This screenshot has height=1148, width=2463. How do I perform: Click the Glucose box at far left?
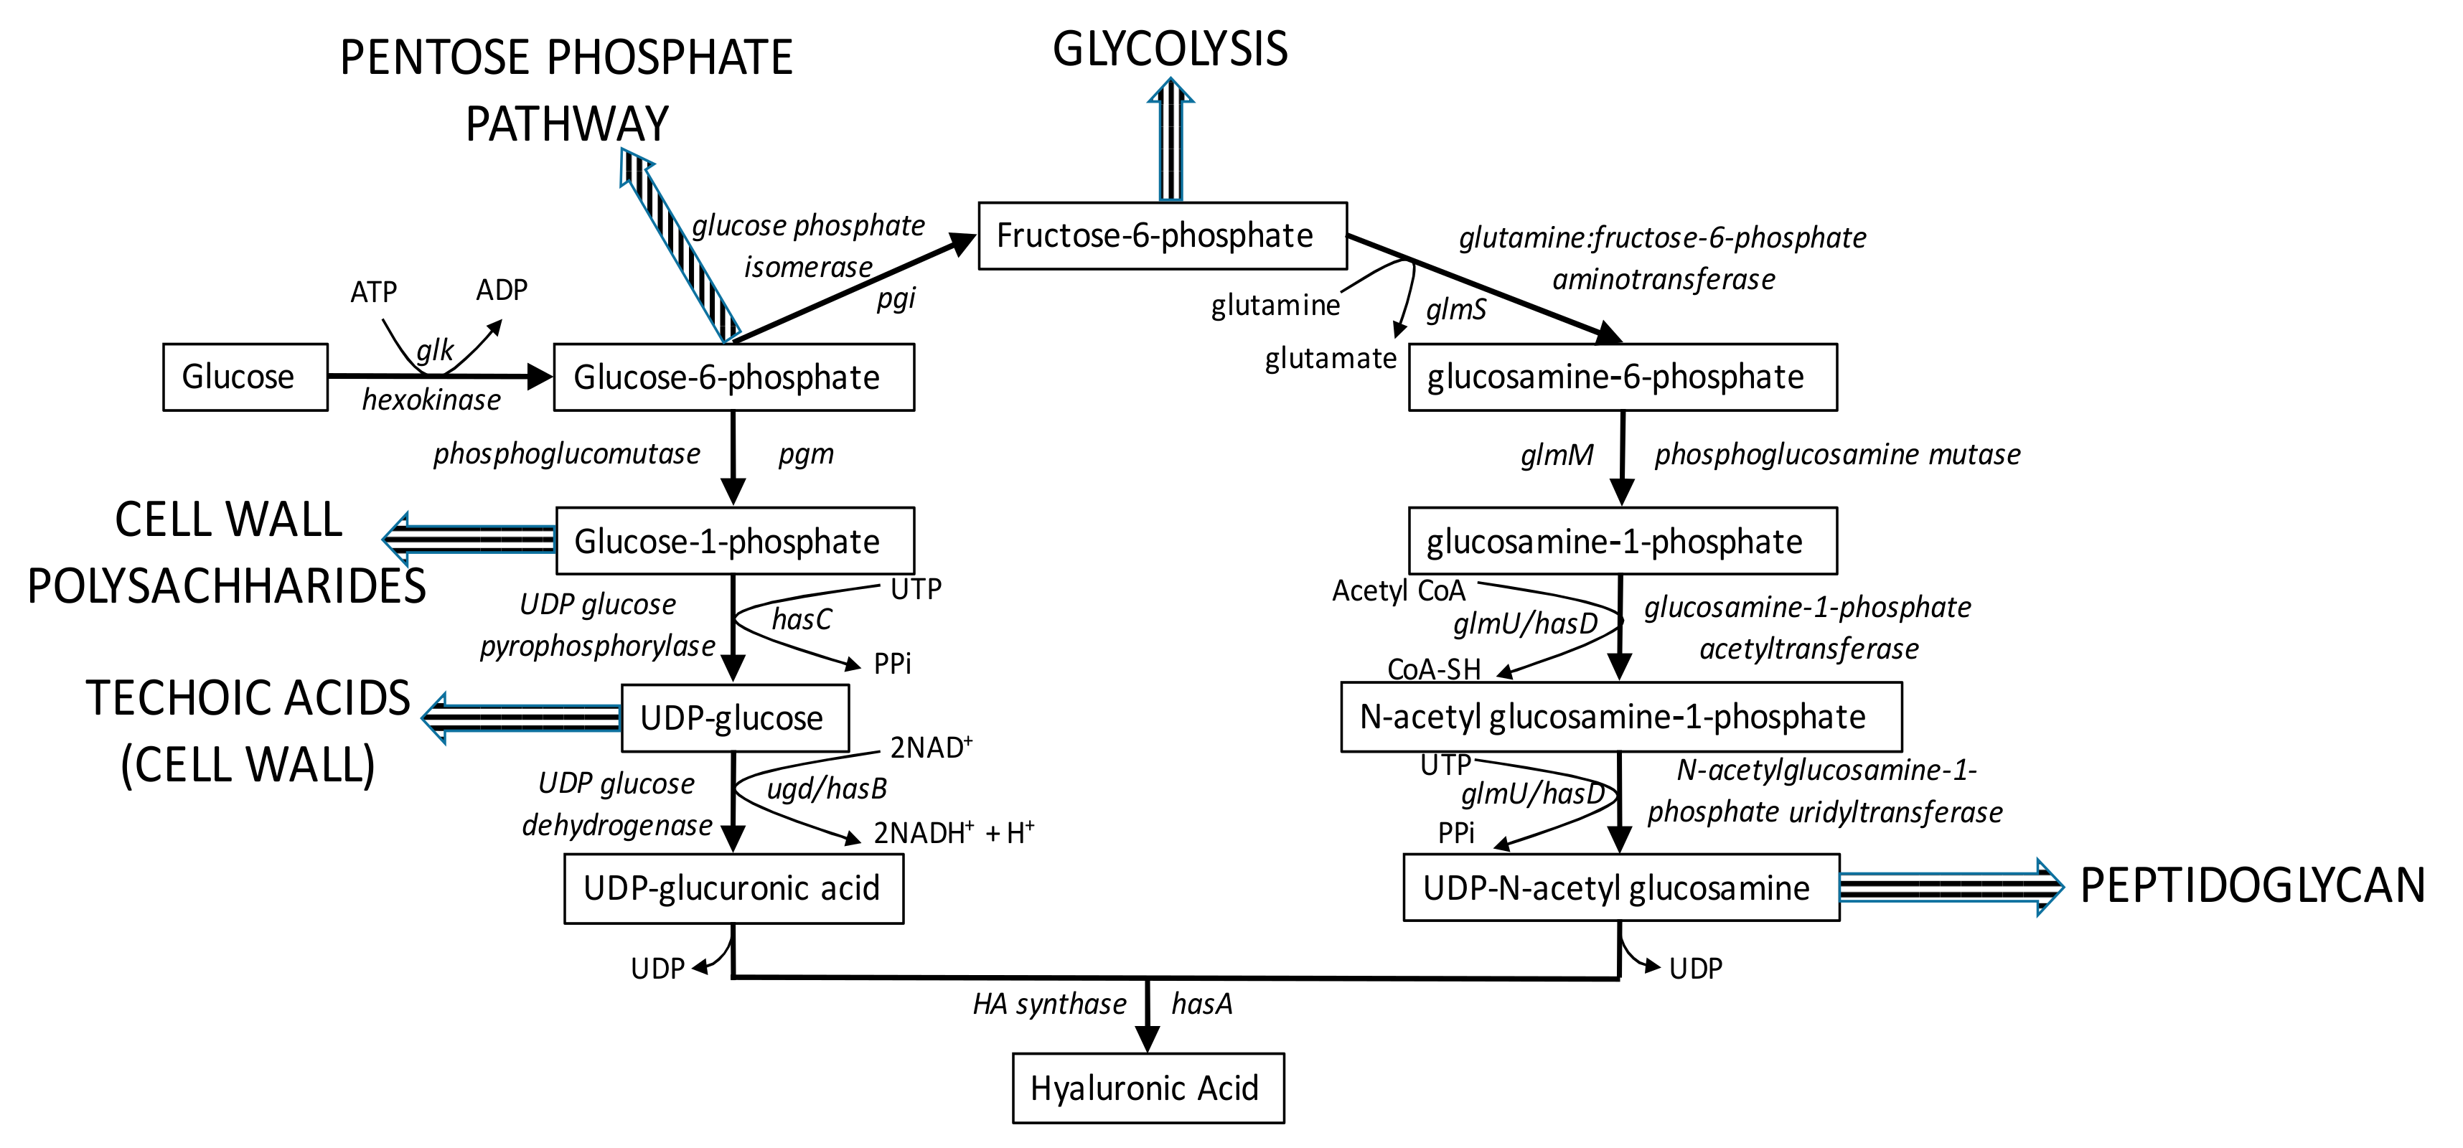pyautogui.click(x=245, y=377)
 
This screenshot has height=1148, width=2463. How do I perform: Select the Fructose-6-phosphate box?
pyautogui.click(x=1162, y=235)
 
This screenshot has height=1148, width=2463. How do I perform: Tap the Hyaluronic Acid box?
pyautogui.click(x=1148, y=1088)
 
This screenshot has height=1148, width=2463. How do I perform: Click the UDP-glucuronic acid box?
pyautogui.click(x=733, y=888)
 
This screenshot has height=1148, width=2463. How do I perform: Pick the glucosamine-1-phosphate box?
pyautogui.click(x=1622, y=541)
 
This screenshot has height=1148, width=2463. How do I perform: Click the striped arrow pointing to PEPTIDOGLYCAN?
pyautogui.click(x=1951, y=887)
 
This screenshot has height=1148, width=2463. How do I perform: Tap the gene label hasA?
pyautogui.click(x=1202, y=1004)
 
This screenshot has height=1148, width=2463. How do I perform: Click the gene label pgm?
pyautogui.click(x=806, y=453)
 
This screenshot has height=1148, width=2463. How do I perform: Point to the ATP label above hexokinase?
pyautogui.click(x=373, y=291)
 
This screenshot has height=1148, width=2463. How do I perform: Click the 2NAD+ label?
pyautogui.click(x=930, y=746)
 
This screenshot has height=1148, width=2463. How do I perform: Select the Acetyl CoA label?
pyautogui.click(x=1398, y=591)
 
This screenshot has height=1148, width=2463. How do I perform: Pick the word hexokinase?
pyautogui.click(x=431, y=400)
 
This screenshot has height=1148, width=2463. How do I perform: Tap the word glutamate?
pyautogui.click(x=1330, y=359)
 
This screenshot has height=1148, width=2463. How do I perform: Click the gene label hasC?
pyautogui.click(x=801, y=619)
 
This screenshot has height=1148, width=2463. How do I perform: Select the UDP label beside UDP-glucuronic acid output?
pyautogui.click(x=658, y=969)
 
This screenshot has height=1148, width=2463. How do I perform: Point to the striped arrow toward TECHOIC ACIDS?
pyautogui.click(x=522, y=717)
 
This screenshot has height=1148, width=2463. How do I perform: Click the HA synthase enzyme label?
pyautogui.click(x=1049, y=1004)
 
